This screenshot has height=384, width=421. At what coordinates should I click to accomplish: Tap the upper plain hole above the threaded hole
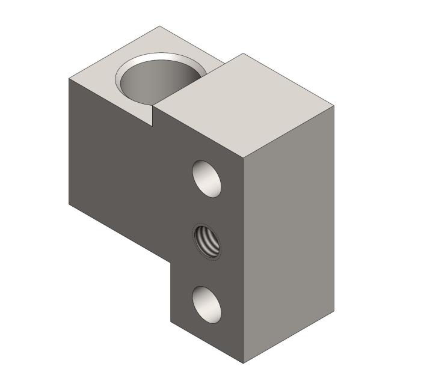206,178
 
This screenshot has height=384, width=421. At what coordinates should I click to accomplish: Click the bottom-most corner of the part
243,364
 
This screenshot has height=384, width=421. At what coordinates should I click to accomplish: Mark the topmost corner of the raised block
243,53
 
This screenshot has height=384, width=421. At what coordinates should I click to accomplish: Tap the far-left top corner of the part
69,78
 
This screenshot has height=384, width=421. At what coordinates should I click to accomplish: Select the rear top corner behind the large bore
160,26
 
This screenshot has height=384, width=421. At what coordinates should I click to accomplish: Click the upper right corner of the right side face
334,107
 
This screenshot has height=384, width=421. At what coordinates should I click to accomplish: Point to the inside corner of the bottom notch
171,263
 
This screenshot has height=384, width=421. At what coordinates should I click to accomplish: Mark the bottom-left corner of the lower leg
171,323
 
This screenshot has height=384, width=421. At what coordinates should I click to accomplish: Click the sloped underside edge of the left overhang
120,233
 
